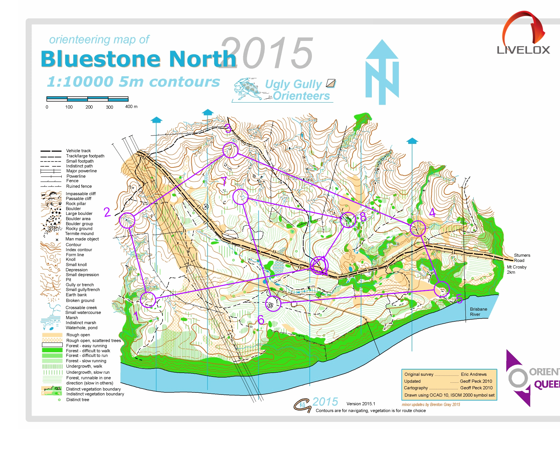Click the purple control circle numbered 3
pyautogui.click(x=230, y=150)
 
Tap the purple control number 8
pyautogui.click(x=363, y=217)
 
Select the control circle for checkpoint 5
pyautogui.click(x=441, y=289)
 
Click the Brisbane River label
pyautogui.click(x=478, y=312)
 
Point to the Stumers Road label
pyautogui.click(x=522, y=258)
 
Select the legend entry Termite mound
pyautogui.click(x=79, y=234)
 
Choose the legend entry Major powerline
pyautogui.click(x=81, y=171)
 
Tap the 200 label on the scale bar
pyautogui.click(x=89, y=107)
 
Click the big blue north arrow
pyautogui.click(x=382, y=73)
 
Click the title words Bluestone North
pyautogui.click(x=138, y=59)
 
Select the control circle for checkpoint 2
pyautogui.click(x=127, y=220)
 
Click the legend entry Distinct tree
pyautogui.click(x=78, y=400)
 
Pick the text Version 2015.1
pyautogui.click(x=360, y=404)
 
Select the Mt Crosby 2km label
pyautogui.click(x=516, y=269)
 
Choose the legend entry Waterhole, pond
pyautogui.click(x=81, y=328)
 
